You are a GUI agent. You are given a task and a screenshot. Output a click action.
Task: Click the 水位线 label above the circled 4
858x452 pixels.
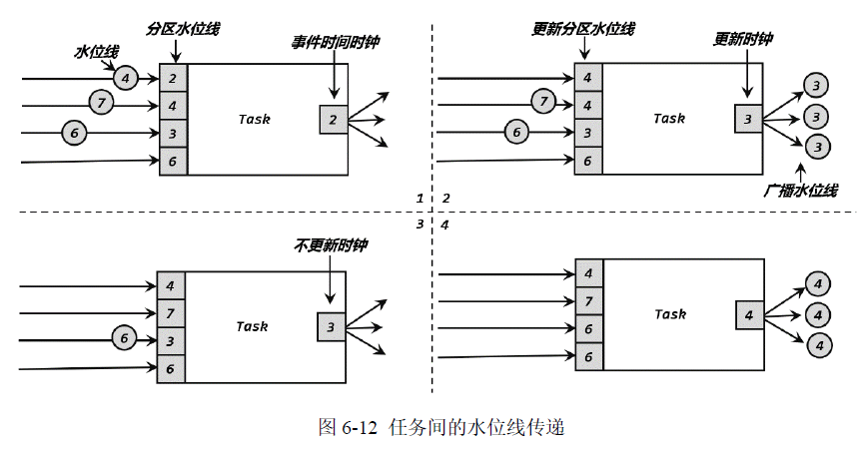tap(95, 49)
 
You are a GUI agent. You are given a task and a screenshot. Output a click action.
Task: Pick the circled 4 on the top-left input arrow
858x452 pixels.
tap(124, 77)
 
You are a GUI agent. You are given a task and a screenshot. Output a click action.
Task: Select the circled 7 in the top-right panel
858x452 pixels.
tap(542, 102)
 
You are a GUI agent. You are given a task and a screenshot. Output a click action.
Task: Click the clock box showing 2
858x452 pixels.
tap(334, 120)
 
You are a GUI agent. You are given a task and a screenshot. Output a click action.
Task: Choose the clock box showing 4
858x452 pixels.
tap(749, 315)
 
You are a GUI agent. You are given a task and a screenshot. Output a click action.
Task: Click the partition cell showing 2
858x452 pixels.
tap(173, 78)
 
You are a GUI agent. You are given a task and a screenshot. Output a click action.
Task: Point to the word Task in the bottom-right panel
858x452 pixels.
tap(669, 314)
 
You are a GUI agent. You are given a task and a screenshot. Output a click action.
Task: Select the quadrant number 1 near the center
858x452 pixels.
tap(421, 199)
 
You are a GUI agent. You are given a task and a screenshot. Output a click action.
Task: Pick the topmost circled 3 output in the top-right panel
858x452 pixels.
tap(817, 85)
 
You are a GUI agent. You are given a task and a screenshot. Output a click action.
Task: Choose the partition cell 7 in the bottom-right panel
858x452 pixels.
tap(588, 300)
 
